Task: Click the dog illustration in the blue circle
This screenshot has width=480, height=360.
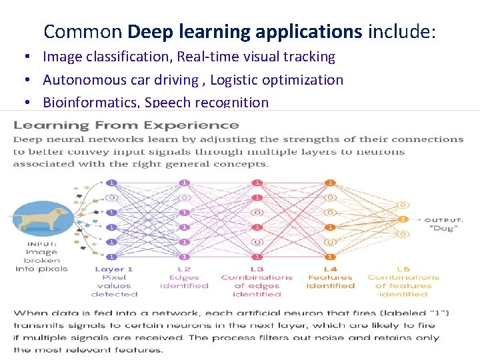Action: point(40,217)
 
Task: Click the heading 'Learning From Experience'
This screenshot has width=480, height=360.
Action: point(127,125)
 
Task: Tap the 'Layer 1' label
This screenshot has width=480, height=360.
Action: point(114,269)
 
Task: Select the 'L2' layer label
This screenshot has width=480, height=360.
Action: point(184,269)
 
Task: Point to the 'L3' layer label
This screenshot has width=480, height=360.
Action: point(257,269)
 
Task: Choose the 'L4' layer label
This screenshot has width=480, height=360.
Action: point(330,269)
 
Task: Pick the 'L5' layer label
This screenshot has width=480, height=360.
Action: point(403,269)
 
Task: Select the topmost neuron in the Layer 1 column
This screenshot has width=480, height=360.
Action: point(111,182)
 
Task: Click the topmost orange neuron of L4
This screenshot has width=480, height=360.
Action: point(329,182)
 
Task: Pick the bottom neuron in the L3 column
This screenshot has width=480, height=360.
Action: point(257,257)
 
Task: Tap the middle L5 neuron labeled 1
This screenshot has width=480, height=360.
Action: point(402,219)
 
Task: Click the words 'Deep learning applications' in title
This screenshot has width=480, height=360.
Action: point(244,31)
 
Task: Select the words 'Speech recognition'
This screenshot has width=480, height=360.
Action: point(207,103)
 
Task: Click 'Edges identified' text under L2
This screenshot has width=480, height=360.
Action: point(184,281)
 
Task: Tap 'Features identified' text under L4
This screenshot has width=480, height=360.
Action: point(330,281)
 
